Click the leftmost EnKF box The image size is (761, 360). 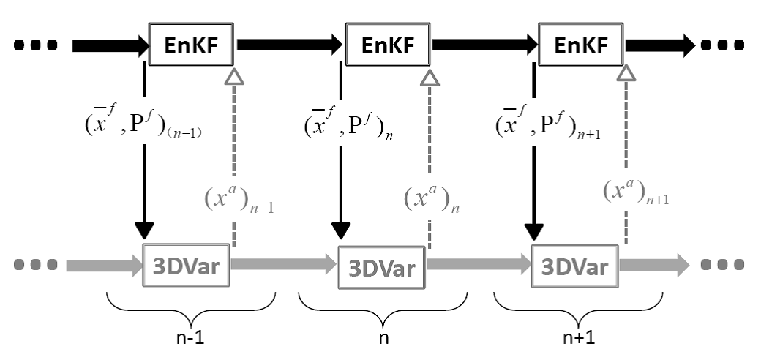coord(191,44)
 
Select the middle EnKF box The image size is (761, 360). coord(388,44)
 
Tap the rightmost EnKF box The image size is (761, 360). coord(581,44)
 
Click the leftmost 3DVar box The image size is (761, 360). coord(186,265)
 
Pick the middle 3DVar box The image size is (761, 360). coord(381,267)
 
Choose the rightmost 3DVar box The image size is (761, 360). coord(574,266)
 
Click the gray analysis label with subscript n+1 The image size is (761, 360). coord(636,192)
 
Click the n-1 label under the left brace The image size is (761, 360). coord(190,337)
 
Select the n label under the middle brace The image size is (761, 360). coord(383,339)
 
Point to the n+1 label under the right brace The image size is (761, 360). coord(579,337)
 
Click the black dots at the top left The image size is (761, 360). coord(35,45)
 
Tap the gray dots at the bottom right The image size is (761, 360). coord(722,265)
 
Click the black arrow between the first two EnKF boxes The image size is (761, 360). coord(290,45)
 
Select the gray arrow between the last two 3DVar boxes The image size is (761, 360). coord(479,264)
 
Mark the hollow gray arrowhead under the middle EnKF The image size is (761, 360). coord(429,77)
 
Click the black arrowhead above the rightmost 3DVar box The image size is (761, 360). coord(534,231)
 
